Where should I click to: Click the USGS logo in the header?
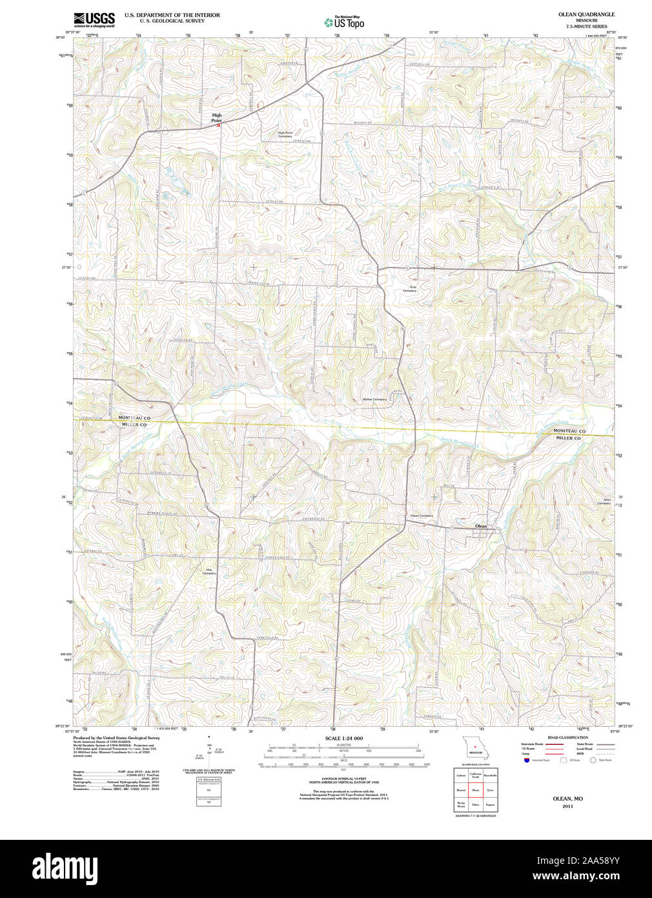(x=94, y=19)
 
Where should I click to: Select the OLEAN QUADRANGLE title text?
(x=586, y=14)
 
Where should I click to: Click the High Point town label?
(x=216, y=118)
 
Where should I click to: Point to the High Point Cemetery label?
(x=285, y=134)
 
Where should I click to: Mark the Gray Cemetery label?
(x=410, y=289)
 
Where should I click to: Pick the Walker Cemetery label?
(x=374, y=399)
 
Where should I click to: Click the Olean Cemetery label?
(x=422, y=516)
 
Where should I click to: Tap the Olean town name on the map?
(x=481, y=526)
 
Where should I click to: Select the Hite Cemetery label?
(x=209, y=571)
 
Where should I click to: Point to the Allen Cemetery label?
(x=604, y=501)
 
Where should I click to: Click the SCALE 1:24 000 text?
(x=343, y=738)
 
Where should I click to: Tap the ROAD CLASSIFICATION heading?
(x=567, y=737)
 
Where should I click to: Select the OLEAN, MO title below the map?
(x=567, y=799)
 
